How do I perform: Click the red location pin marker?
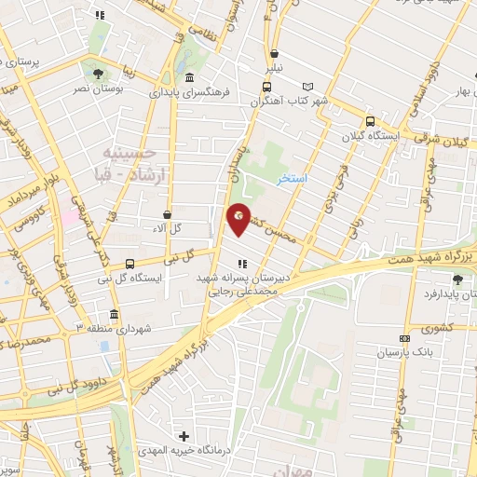238,218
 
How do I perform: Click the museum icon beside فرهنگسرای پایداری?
190,77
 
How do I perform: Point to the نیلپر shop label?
274,69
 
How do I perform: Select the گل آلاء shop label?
167,228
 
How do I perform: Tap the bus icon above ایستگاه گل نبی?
129,264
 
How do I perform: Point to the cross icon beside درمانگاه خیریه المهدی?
184,436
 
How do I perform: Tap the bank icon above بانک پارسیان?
403,338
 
